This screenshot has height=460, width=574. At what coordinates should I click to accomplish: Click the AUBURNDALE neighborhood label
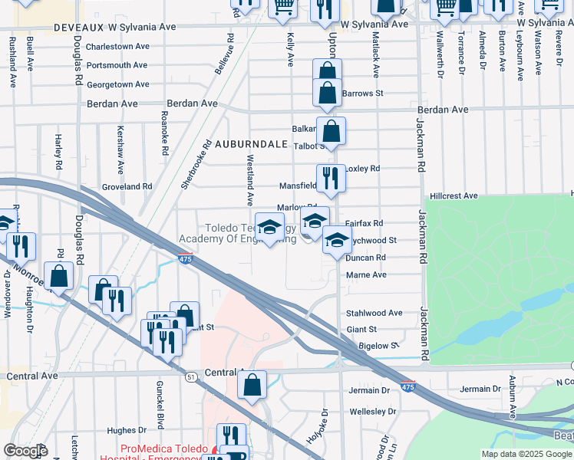250,144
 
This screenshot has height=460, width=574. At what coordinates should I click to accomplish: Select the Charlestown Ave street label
117,46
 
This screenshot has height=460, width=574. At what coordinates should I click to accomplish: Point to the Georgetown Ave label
117,85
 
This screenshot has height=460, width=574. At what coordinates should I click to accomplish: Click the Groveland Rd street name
127,186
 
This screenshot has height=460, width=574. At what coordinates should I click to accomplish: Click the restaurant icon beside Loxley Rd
332,178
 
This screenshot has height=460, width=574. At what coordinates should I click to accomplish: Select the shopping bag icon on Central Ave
252,385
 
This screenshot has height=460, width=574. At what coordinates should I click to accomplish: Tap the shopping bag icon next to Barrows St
327,92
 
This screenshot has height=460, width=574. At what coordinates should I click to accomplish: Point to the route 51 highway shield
190,376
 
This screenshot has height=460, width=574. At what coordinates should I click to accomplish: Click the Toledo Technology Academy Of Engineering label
238,234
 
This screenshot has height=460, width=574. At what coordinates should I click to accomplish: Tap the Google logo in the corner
25,451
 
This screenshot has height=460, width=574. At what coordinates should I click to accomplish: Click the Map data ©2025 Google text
526,454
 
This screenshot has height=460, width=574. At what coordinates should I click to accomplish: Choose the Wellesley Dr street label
371,412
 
